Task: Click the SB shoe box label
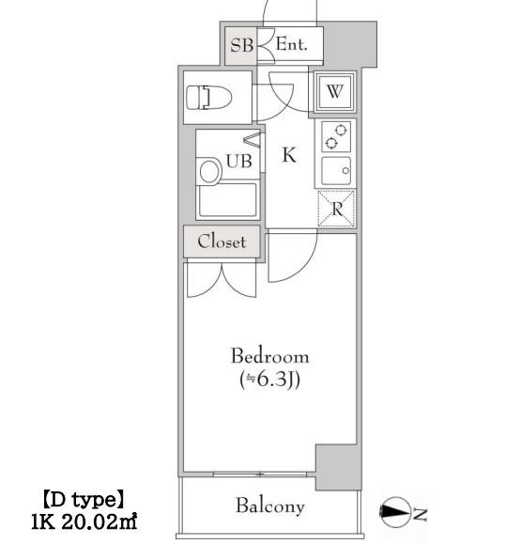[x=241, y=45]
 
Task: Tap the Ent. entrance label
[x=292, y=44]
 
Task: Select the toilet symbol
[x=208, y=98]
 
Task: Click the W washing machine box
[x=335, y=91]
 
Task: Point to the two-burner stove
[x=336, y=136]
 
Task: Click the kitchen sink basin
[x=336, y=171]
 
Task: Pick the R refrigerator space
[x=337, y=209]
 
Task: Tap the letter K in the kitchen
[x=289, y=155]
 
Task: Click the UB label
[x=238, y=162]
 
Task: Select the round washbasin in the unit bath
[x=209, y=172]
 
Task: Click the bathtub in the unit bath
[x=228, y=200]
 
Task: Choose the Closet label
[x=222, y=241]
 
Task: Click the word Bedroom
[x=270, y=356]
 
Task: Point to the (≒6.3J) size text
[x=269, y=380]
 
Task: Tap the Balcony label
[x=270, y=505]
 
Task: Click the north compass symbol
[x=396, y=512]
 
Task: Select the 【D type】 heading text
[x=84, y=500]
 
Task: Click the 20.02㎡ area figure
[x=100, y=522]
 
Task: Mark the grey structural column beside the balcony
[x=338, y=467]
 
